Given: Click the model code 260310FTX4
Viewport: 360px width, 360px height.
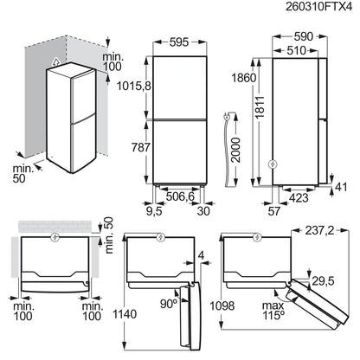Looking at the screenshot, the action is tap(318, 7).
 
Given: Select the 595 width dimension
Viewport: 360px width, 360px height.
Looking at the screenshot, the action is tap(179, 42).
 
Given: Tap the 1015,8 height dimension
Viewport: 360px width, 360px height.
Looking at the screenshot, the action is tap(134, 86).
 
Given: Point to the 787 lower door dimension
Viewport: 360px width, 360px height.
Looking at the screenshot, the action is tap(141, 147).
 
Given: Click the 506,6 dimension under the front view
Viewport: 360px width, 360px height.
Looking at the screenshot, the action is tap(180, 196).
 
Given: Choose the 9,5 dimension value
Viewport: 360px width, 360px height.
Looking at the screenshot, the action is tap(154, 211).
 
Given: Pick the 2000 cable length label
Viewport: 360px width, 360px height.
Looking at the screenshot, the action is tap(236, 150).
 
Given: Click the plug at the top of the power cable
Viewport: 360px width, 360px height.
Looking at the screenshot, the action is tap(227, 116).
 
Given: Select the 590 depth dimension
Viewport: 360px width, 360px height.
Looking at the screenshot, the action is tap(304, 36).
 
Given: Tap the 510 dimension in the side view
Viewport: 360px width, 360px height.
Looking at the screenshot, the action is tap(296, 51).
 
